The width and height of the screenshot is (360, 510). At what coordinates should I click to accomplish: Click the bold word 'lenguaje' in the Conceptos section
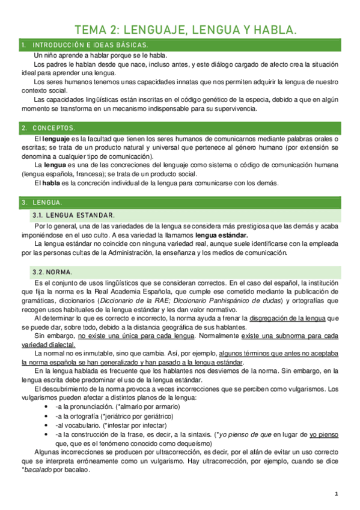pyautogui.click(x=58, y=139)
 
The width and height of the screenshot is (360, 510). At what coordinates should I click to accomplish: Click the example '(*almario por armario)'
pyautogui.click(x=148, y=407)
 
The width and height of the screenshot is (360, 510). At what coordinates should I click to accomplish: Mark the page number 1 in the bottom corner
pyautogui.click(x=337, y=494)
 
